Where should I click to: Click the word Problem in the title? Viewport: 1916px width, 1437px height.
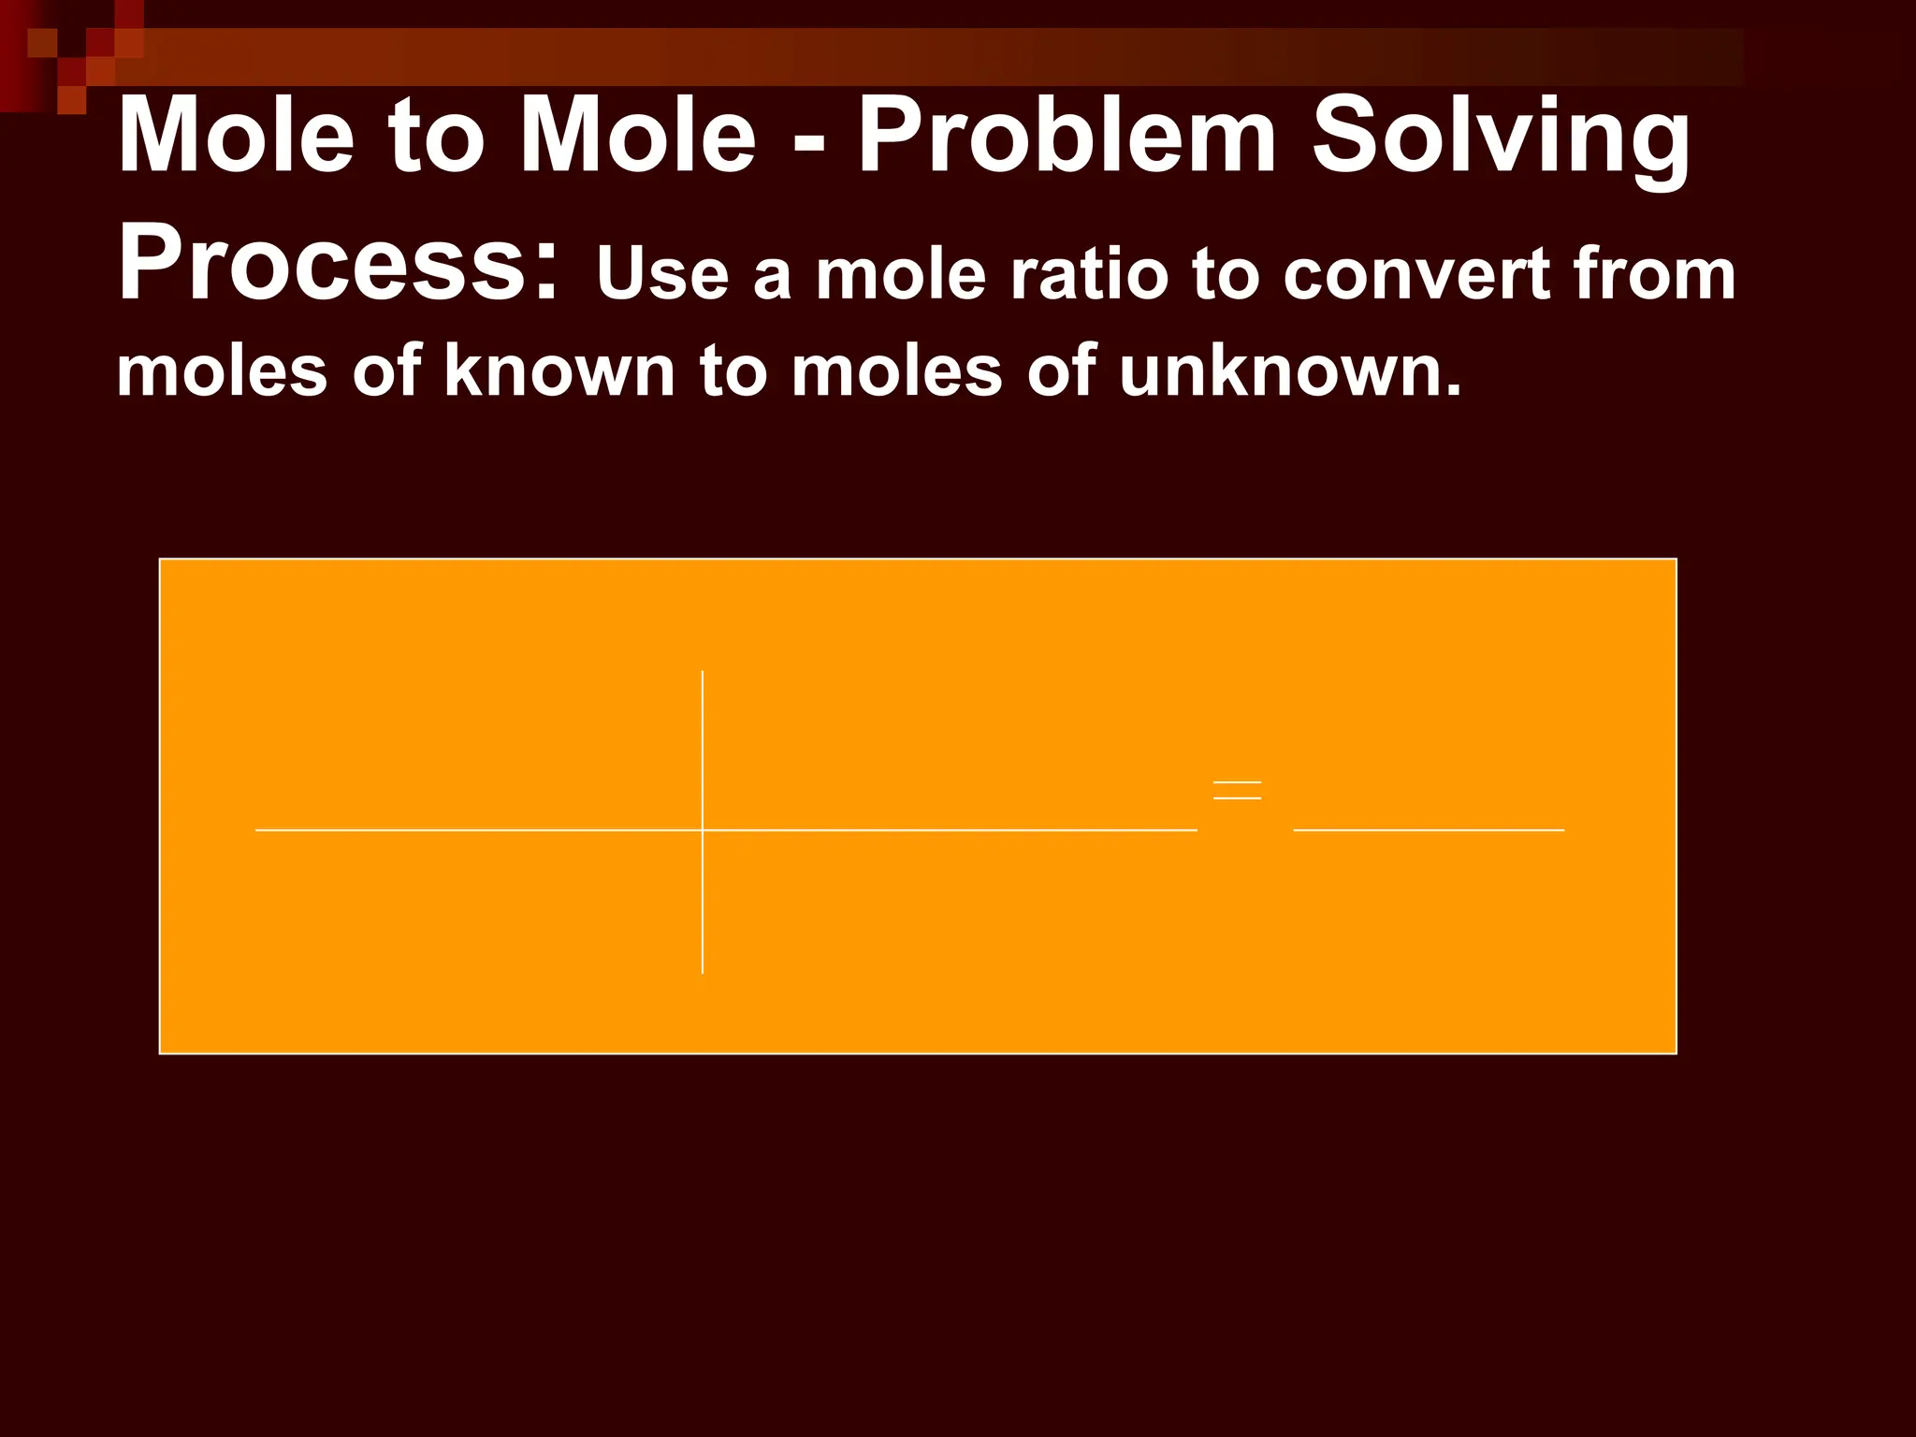coord(1067,138)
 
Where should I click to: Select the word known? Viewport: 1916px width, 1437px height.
coord(559,371)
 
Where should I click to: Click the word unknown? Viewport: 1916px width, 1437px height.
coord(1288,371)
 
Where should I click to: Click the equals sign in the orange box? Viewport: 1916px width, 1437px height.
coord(1237,791)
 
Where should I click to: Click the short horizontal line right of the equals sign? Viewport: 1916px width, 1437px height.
coord(1429,830)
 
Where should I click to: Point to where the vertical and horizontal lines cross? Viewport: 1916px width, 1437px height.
coord(703,830)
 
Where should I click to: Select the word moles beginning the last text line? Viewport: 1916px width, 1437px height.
coord(222,371)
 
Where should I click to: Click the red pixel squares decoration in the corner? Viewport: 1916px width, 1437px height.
coord(70,51)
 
